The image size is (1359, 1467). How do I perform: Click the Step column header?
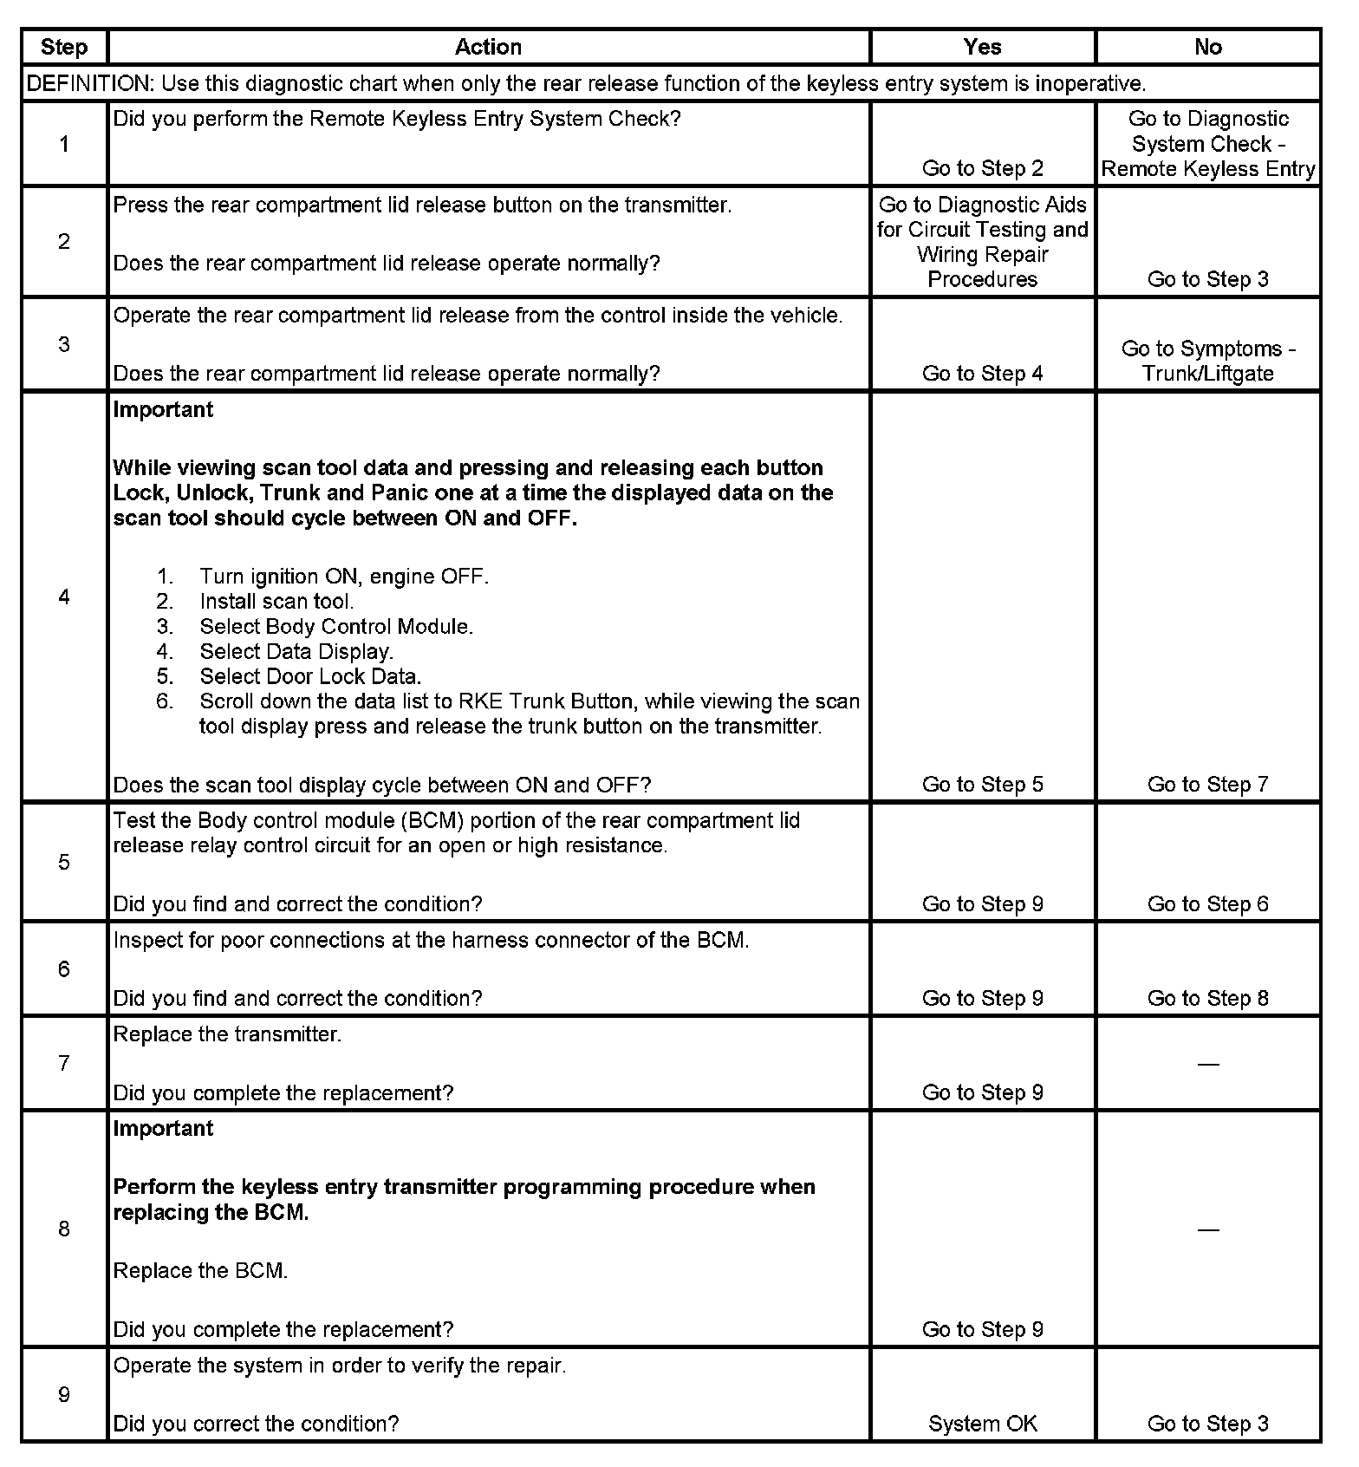(x=64, y=47)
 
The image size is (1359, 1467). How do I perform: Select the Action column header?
(x=488, y=47)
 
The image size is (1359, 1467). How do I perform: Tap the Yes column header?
(x=982, y=47)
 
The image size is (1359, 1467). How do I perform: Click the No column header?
(x=1207, y=47)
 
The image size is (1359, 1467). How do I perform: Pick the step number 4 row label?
(x=64, y=597)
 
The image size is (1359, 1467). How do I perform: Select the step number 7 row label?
(x=64, y=1063)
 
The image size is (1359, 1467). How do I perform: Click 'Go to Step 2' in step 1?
(x=982, y=168)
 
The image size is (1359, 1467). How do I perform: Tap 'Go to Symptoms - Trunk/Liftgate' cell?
(x=1207, y=361)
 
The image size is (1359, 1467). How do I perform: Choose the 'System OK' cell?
(x=982, y=1424)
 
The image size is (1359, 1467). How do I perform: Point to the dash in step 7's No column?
(x=1207, y=1064)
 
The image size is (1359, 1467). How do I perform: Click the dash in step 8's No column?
(x=1207, y=1229)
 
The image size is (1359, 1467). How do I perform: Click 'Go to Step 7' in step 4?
(x=1207, y=785)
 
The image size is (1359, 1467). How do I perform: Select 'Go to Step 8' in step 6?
(x=1207, y=999)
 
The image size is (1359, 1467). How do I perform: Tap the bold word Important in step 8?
(x=163, y=1129)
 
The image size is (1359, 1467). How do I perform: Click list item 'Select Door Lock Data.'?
(x=310, y=676)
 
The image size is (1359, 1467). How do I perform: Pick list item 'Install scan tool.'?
(x=276, y=602)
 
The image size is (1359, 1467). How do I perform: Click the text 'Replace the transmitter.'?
(x=227, y=1034)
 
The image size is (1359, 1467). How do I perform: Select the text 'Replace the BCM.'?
(x=200, y=1271)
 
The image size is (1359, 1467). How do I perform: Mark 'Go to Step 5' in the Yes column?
(x=982, y=785)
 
